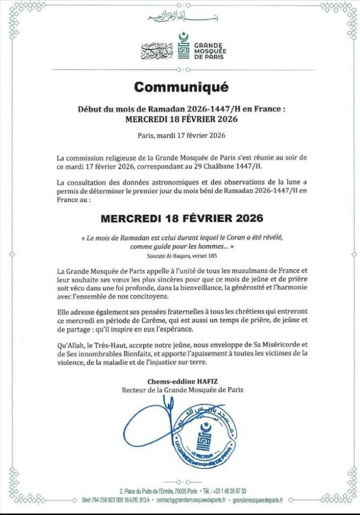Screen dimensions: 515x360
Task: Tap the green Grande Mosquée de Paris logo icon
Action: [x=185, y=46]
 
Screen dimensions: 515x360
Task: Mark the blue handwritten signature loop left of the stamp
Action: [x=151, y=430]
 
